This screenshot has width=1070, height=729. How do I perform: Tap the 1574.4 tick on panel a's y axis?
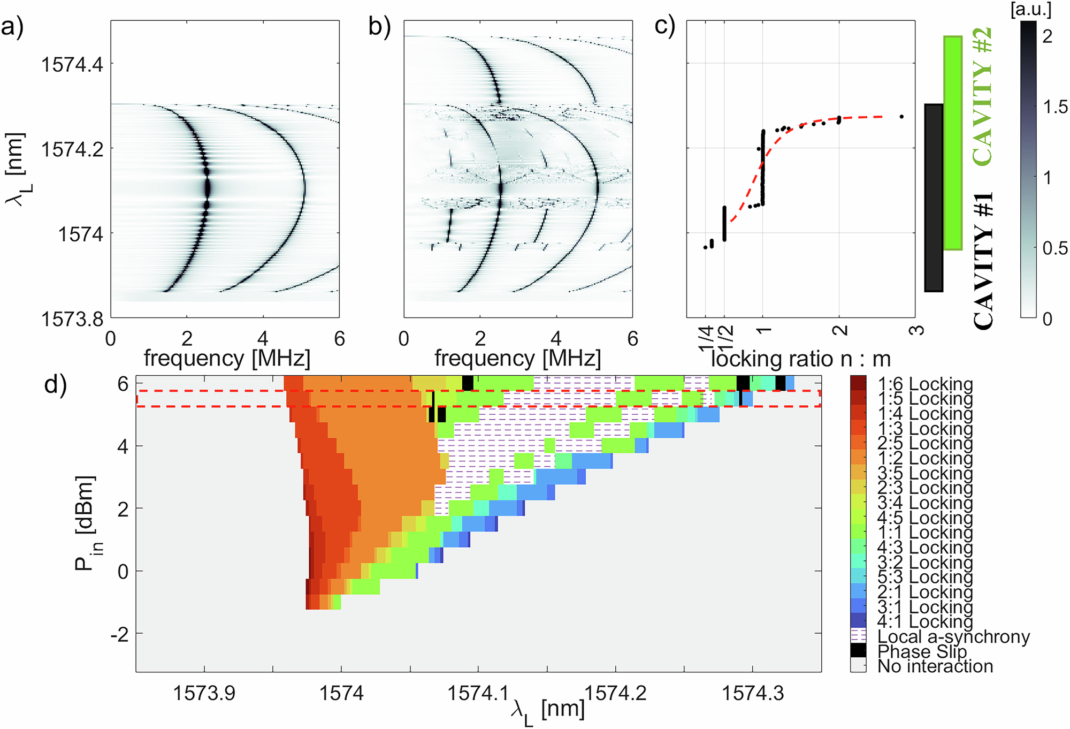(x=72, y=64)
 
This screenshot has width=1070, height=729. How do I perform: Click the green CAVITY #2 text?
(x=982, y=96)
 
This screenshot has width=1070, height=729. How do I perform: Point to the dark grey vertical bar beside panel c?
(x=934, y=198)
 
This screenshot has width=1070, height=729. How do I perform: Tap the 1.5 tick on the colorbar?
(x=1054, y=107)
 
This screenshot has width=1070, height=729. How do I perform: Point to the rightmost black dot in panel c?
(x=901, y=116)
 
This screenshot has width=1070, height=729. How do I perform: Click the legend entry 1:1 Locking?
(x=924, y=532)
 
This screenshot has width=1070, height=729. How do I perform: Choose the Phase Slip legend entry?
(x=921, y=651)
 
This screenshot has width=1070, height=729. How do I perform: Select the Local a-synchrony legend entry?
(x=952, y=636)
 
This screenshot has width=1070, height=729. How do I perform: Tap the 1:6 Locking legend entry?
(x=924, y=384)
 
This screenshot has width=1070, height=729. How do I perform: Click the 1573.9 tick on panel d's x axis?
(x=204, y=693)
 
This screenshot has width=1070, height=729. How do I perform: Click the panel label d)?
(x=55, y=384)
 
